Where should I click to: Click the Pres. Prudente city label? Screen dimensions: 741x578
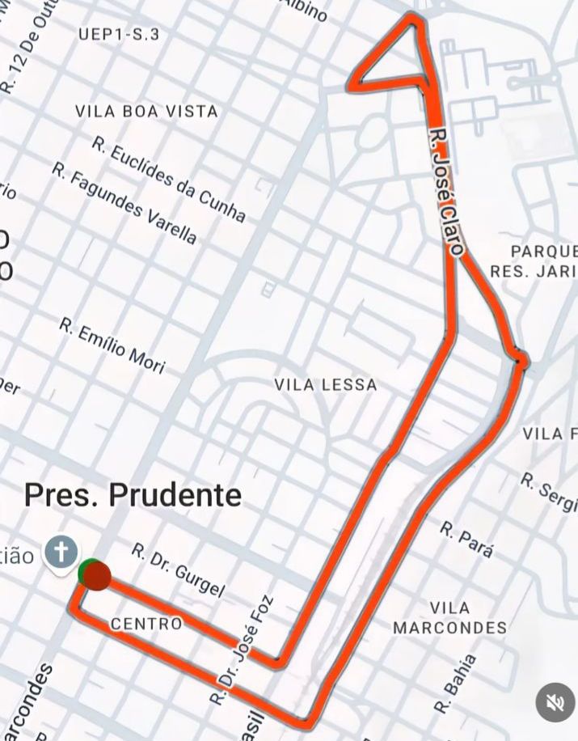click(x=133, y=494)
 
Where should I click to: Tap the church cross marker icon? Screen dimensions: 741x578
click(x=61, y=553)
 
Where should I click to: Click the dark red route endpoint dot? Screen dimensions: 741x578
click(x=98, y=576)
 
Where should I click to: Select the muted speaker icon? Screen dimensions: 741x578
click(x=555, y=703)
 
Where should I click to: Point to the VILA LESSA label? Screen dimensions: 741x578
click(x=326, y=385)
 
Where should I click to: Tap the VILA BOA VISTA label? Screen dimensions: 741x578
click(x=146, y=112)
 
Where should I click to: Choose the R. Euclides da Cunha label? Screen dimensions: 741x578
click(x=169, y=180)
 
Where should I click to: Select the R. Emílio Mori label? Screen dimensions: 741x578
click(x=112, y=346)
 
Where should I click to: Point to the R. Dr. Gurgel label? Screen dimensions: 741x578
click(x=178, y=571)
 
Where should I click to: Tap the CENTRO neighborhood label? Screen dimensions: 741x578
click(x=146, y=624)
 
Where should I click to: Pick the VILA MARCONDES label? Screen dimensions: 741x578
click(x=450, y=618)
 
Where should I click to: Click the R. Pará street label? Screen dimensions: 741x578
click(x=466, y=540)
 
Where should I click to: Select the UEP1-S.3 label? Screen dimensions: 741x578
click(x=120, y=34)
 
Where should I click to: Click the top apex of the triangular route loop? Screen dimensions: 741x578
click(x=414, y=17)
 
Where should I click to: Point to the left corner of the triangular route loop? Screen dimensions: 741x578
click(x=353, y=83)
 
